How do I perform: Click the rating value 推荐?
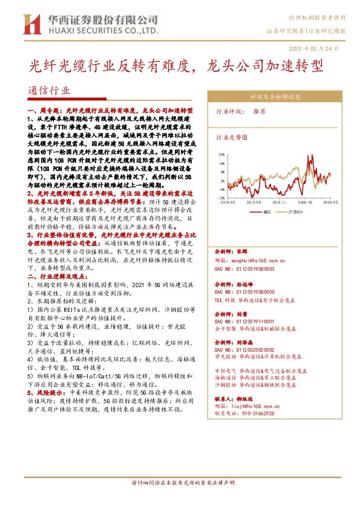[x=259, y=112]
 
